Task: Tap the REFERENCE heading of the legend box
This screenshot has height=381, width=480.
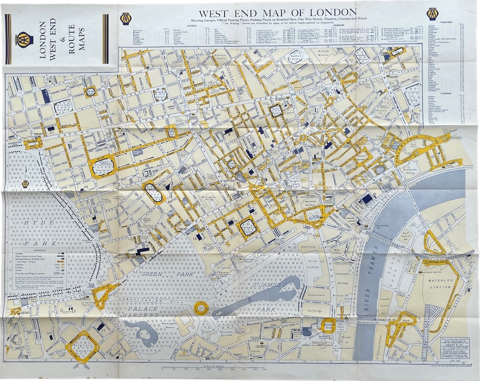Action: click(36, 250)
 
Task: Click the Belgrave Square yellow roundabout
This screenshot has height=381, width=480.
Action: click(82, 346)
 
